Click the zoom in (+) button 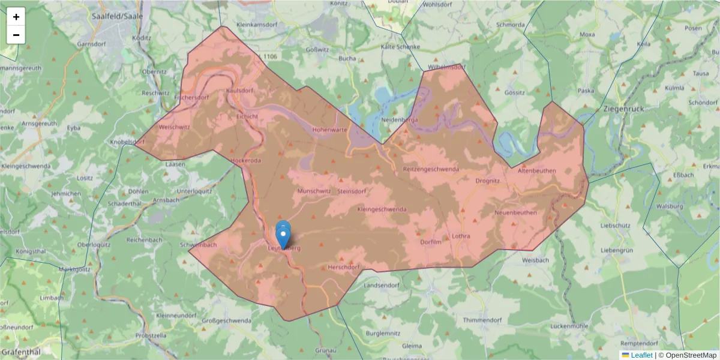[x=16, y=17]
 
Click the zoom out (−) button [x=16, y=35]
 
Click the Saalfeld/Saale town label [x=118, y=16]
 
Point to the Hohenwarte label [x=329, y=129]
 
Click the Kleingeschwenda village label [x=382, y=209]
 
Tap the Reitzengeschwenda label [x=431, y=169]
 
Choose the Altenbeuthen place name [x=536, y=171]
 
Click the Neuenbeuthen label [x=515, y=212]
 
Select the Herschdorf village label [x=343, y=267]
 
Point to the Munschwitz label [x=314, y=191]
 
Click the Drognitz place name [x=487, y=180]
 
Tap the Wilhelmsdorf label [x=446, y=67]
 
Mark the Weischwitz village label [x=174, y=127]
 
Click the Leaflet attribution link [x=641, y=355]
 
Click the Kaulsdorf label [x=239, y=91]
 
